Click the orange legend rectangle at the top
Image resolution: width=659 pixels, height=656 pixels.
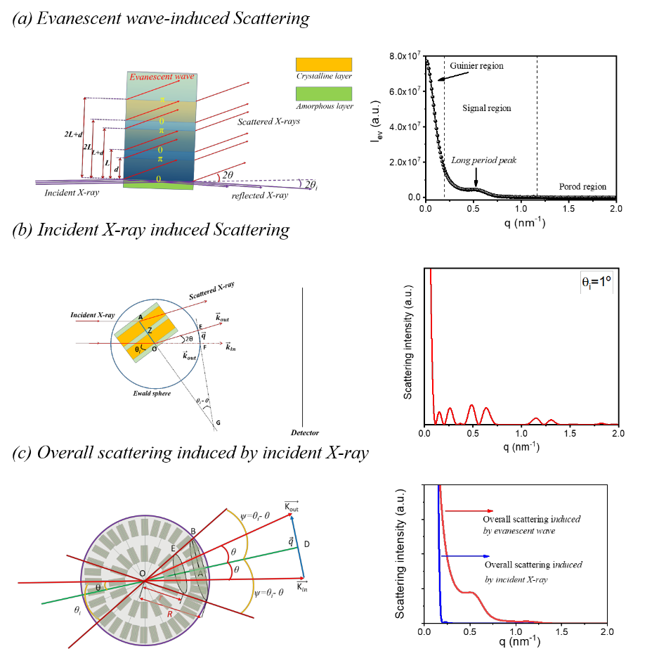point(323,65)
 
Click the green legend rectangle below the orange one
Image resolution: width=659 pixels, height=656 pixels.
point(323,94)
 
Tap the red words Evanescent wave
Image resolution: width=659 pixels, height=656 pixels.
point(162,77)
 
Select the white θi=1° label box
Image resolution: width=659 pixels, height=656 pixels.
point(596,283)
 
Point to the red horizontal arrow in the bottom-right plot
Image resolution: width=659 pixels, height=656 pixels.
point(469,510)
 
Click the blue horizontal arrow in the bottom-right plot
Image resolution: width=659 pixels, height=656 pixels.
point(464,556)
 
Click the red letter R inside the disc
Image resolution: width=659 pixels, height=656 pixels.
point(169,614)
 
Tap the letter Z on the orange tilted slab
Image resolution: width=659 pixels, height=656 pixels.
point(150,330)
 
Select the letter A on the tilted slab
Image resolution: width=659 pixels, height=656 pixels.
point(140,318)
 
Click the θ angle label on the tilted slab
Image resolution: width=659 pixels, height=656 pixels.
point(138,349)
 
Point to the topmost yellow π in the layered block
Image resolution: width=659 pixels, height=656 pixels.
point(162,100)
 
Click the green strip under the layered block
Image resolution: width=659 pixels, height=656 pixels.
point(158,186)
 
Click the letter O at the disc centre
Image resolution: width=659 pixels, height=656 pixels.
point(142,573)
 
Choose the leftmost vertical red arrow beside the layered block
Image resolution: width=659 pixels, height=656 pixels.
point(83,137)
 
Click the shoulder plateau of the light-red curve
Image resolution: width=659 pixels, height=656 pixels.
point(470,592)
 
